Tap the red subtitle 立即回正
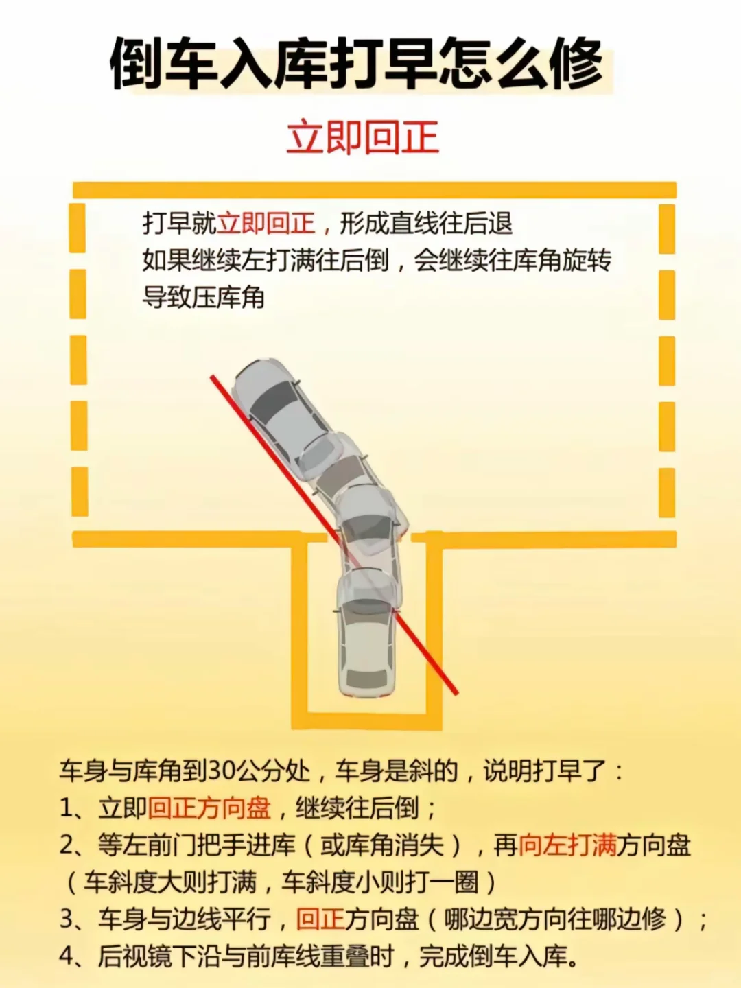[362, 137]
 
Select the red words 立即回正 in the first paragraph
[266, 224]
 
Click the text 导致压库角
[203, 298]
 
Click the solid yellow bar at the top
[375, 190]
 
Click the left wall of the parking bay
[300, 631]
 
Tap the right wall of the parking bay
[434, 631]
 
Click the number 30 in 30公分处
[222, 771]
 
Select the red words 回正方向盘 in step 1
[209, 808]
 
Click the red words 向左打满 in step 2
[567, 845]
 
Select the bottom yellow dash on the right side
[667, 492]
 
